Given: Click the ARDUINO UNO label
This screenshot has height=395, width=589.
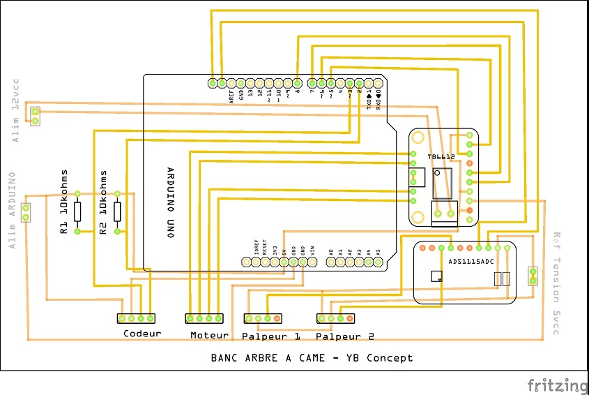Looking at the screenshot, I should click(x=170, y=202).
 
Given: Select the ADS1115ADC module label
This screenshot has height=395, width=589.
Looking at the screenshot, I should click(x=471, y=262).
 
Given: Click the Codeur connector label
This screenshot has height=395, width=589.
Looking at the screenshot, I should click(x=142, y=334).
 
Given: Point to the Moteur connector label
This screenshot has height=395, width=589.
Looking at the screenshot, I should click(x=209, y=335).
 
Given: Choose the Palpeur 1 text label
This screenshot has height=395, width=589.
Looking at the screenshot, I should click(x=271, y=336).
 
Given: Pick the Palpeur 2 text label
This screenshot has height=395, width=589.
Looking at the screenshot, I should click(x=345, y=336).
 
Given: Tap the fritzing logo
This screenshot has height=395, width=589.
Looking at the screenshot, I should click(x=557, y=385).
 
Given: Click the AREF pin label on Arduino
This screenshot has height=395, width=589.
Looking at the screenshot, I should click(x=231, y=97).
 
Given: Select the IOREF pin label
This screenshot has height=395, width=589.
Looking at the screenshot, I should click(x=256, y=248).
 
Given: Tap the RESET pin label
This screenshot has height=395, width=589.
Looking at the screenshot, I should click(x=265, y=248).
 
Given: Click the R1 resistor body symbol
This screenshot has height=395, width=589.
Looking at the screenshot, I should click(x=77, y=211).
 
